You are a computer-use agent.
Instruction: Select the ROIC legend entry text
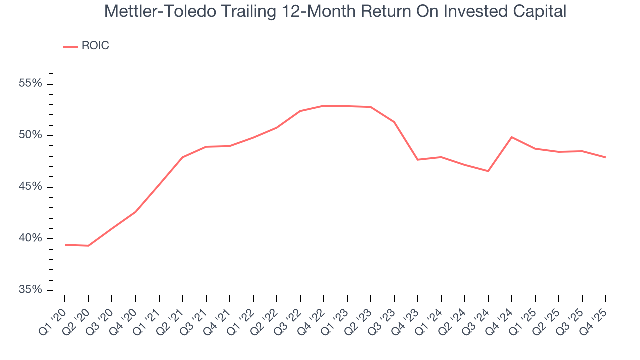(x=95, y=46)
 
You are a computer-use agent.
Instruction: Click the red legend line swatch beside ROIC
(x=70, y=46)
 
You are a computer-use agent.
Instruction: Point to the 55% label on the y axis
(x=30, y=83)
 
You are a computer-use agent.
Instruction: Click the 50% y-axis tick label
(x=30, y=135)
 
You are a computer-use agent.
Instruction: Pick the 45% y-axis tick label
(x=30, y=187)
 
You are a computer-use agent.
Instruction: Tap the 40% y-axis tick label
(x=30, y=238)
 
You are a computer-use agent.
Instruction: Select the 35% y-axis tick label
(x=30, y=290)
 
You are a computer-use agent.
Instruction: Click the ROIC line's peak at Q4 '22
(x=324, y=106)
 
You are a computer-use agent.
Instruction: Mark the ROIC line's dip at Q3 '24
(x=488, y=171)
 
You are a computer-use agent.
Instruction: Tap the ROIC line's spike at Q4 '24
(x=512, y=137)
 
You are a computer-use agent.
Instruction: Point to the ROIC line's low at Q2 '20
(x=88, y=246)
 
